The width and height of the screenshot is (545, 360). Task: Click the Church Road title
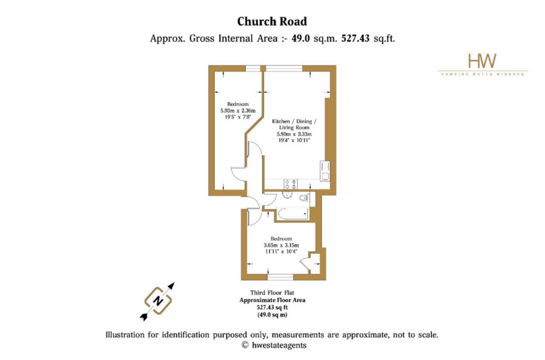(272, 21)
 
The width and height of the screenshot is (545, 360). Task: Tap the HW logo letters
(482, 61)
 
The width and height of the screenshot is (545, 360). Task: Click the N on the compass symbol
(158, 301)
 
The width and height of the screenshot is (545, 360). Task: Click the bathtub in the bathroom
(292, 213)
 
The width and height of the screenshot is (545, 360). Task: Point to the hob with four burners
(290, 184)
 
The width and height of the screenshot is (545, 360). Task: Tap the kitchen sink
(325, 171)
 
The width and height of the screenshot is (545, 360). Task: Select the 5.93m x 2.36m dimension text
(238, 111)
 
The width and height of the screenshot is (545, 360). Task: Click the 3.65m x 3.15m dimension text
(281, 245)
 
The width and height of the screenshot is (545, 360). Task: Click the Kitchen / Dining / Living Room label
(294, 124)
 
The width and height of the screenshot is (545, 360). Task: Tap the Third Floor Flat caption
(272, 293)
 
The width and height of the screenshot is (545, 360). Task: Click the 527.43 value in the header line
(355, 38)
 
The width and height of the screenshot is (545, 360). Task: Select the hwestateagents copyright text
(274, 345)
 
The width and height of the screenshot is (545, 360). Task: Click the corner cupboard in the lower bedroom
(314, 263)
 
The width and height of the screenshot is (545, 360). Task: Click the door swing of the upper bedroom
(239, 173)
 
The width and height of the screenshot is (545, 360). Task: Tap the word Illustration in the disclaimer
(125, 335)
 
